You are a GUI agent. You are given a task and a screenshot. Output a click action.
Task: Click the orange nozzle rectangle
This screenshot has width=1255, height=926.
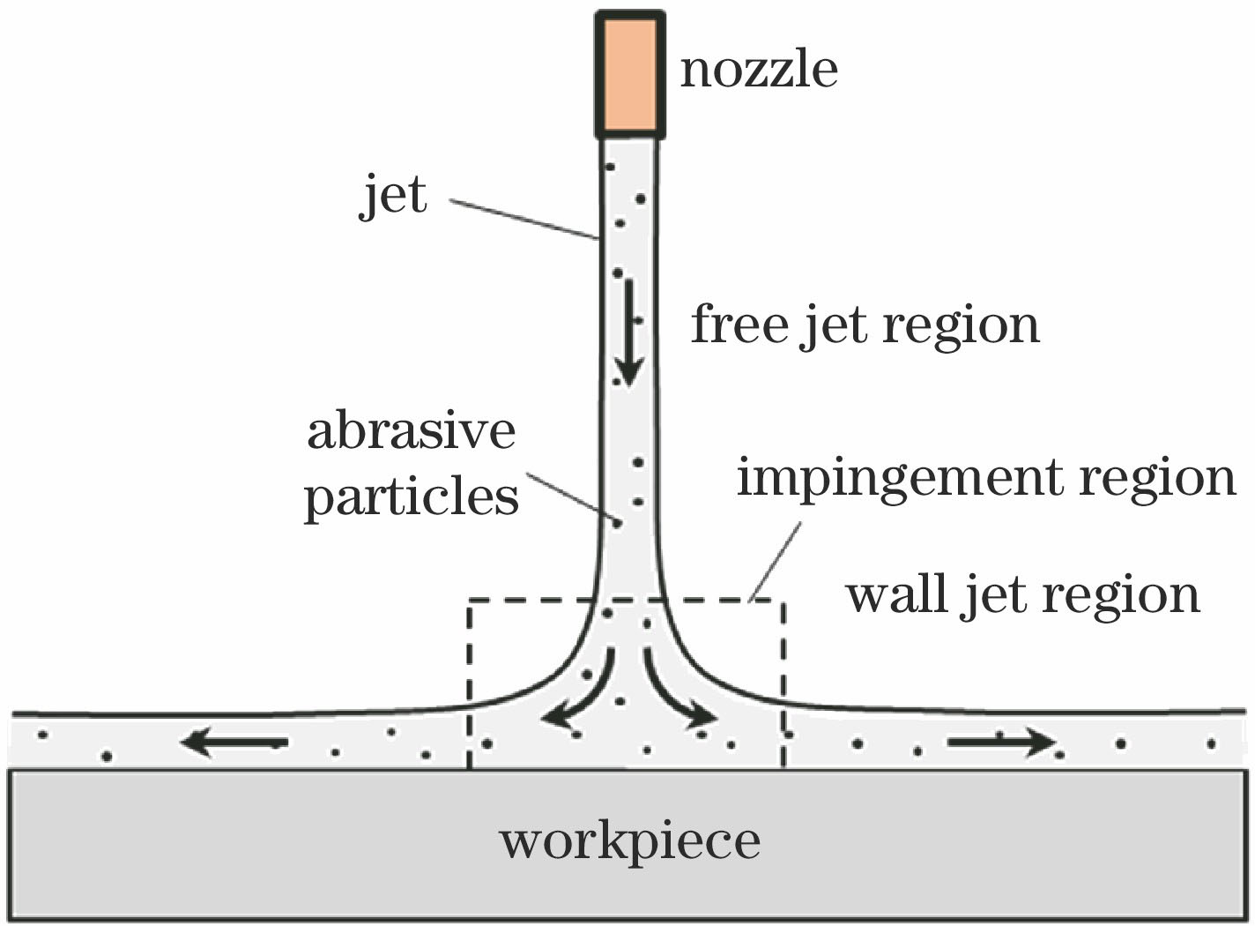pyautogui.click(x=629, y=75)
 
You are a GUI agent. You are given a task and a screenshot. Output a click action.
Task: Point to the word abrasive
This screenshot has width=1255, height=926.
pyautogui.click(x=411, y=431)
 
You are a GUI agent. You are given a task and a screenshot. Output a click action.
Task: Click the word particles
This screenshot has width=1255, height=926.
pyautogui.click(x=411, y=497)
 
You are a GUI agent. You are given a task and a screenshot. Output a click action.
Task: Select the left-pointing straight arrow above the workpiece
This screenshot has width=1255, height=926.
pyautogui.click(x=234, y=743)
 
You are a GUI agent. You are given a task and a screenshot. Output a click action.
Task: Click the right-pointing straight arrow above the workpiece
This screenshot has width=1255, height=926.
pyautogui.click(x=1001, y=743)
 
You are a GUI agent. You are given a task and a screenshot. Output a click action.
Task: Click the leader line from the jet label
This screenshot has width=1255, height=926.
pyautogui.click(x=524, y=219)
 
